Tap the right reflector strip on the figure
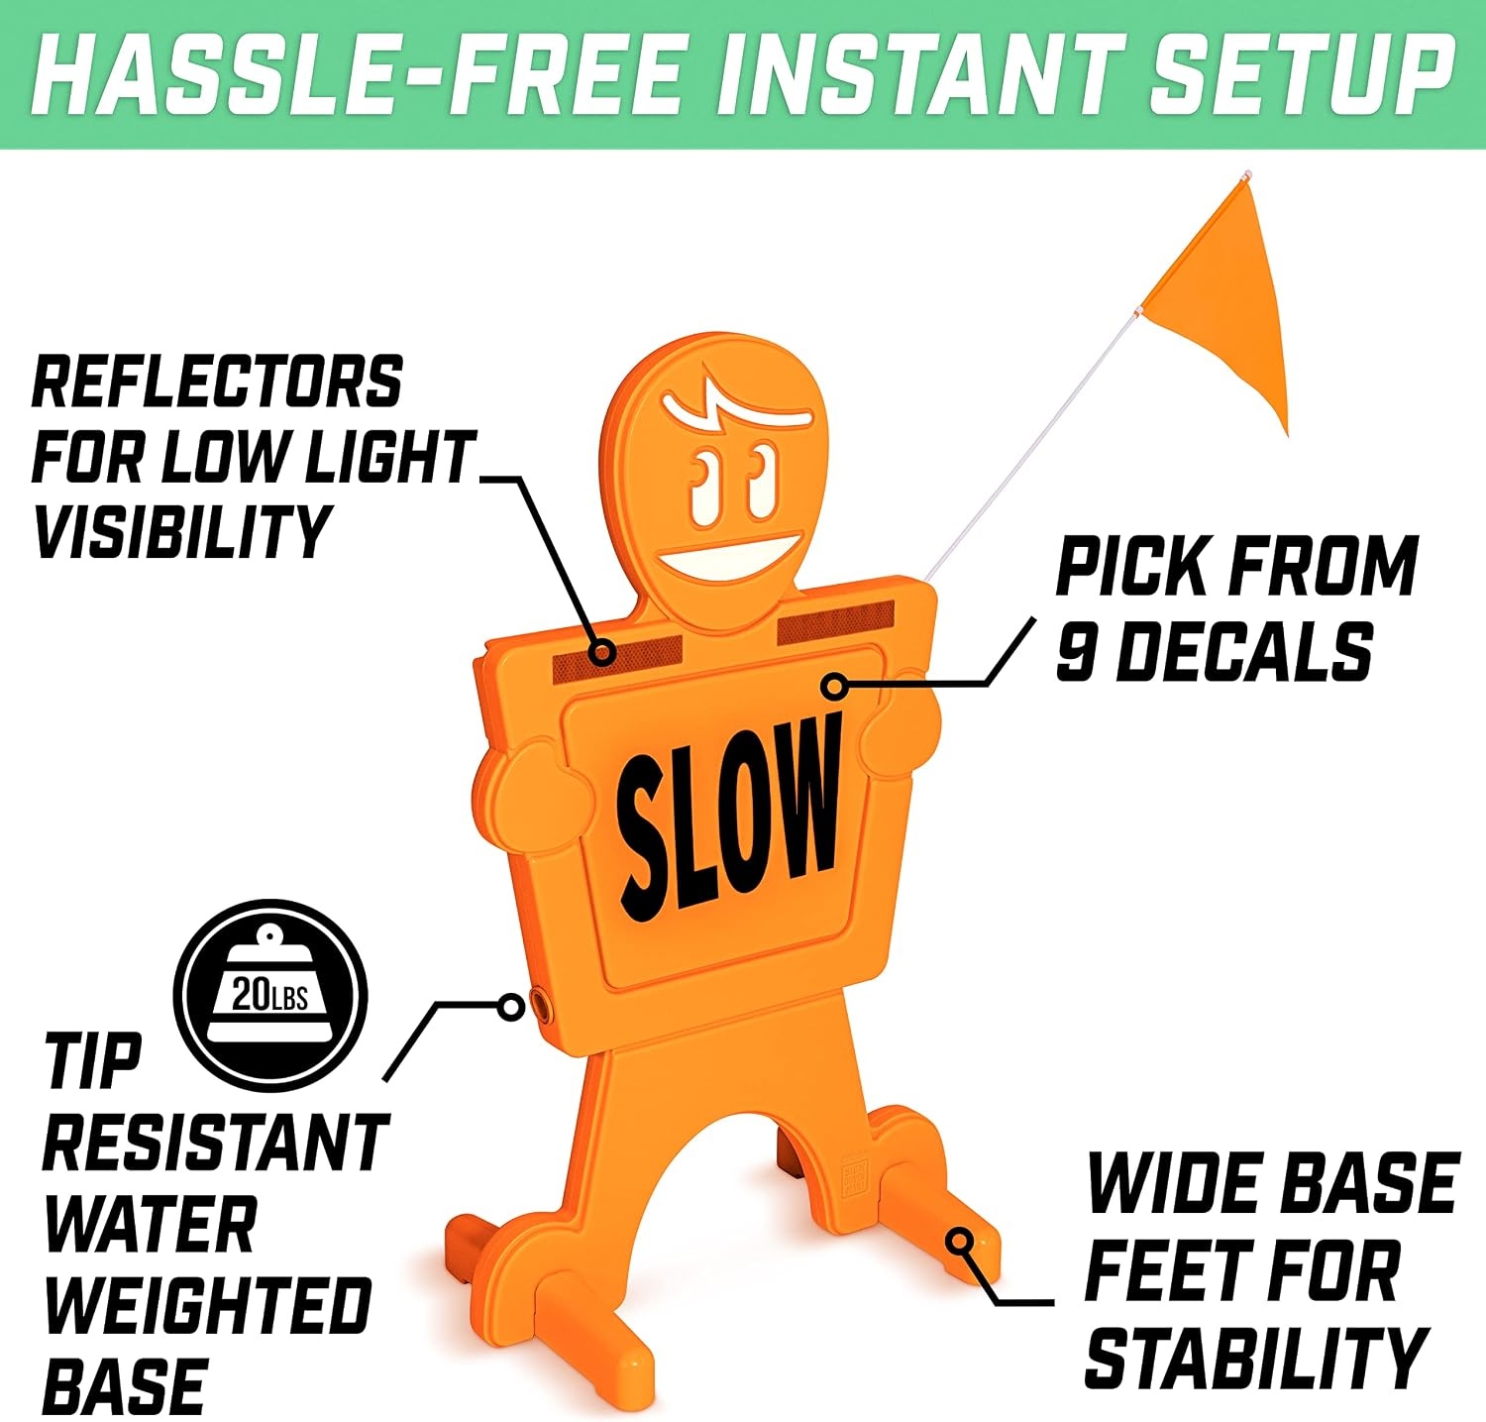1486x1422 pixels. pos(836,622)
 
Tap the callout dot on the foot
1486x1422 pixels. pos(958,1241)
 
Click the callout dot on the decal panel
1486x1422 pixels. pos(836,685)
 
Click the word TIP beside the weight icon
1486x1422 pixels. pos(92,1060)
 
